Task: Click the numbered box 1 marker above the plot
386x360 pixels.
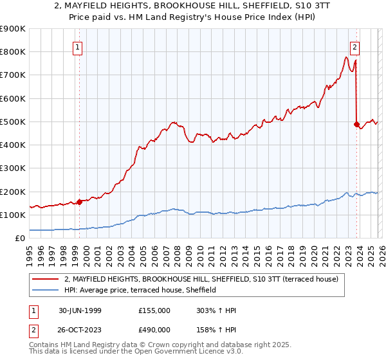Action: click(x=77, y=46)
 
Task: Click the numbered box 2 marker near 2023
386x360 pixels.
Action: click(x=354, y=46)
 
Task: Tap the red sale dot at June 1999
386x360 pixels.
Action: click(x=80, y=202)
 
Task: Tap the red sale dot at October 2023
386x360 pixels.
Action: click(x=356, y=124)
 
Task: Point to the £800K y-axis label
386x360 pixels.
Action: click(x=13, y=52)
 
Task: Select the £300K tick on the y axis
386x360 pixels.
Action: click(x=13, y=168)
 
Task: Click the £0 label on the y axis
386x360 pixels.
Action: click(x=19, y=238)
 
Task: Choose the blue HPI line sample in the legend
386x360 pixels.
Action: click(x=45, y=291)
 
